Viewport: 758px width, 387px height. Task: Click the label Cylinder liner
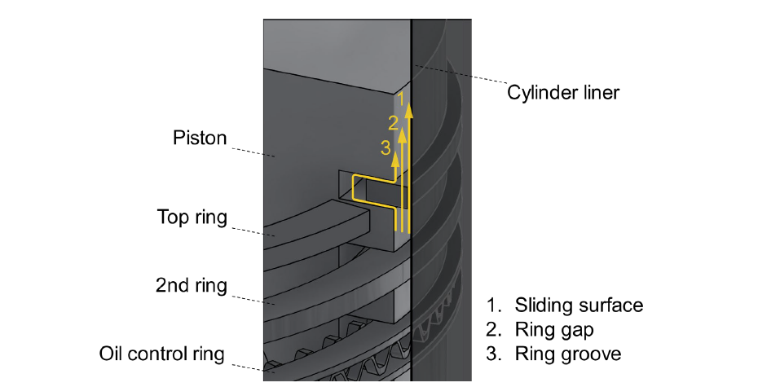point(562,92)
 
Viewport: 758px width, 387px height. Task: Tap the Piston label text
point(200,138)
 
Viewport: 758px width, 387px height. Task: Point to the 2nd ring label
point(191,286)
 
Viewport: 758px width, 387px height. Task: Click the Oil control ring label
point(162,354)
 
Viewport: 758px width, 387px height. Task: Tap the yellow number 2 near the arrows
point(393,123)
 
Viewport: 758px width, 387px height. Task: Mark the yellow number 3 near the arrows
point(386,147)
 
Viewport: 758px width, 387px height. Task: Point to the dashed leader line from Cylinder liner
point(461,77)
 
